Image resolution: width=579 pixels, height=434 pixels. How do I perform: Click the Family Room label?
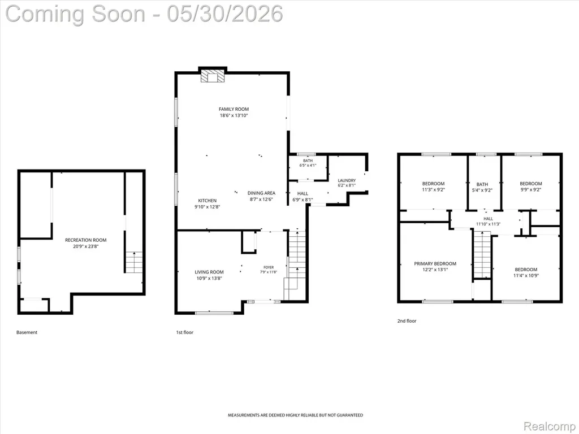234,109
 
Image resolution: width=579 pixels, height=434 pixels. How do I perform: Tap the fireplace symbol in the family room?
213,76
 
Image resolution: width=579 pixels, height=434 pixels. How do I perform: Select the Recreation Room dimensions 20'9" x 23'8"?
86,246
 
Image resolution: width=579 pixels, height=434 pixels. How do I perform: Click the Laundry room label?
347,180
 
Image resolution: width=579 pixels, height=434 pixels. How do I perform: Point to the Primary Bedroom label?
435,263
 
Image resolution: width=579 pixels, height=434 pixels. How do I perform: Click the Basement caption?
27,332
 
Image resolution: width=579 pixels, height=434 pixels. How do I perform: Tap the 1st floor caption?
185,332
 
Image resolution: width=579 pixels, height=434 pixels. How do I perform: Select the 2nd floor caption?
407,321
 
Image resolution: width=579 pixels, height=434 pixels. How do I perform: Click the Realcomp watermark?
549,426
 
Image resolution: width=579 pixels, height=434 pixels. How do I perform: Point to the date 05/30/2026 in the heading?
225,14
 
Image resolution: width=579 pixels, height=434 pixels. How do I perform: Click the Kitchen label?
207,201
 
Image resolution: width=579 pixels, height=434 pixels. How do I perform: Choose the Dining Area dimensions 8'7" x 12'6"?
261,199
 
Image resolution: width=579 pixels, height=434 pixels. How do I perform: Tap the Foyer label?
269,267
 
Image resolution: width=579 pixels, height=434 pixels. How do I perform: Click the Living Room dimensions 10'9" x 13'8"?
209,279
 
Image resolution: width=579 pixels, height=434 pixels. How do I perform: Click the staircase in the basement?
134,262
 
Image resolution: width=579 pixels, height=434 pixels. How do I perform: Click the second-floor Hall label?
488,219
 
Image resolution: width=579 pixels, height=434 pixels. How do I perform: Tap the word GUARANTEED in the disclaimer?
349,415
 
